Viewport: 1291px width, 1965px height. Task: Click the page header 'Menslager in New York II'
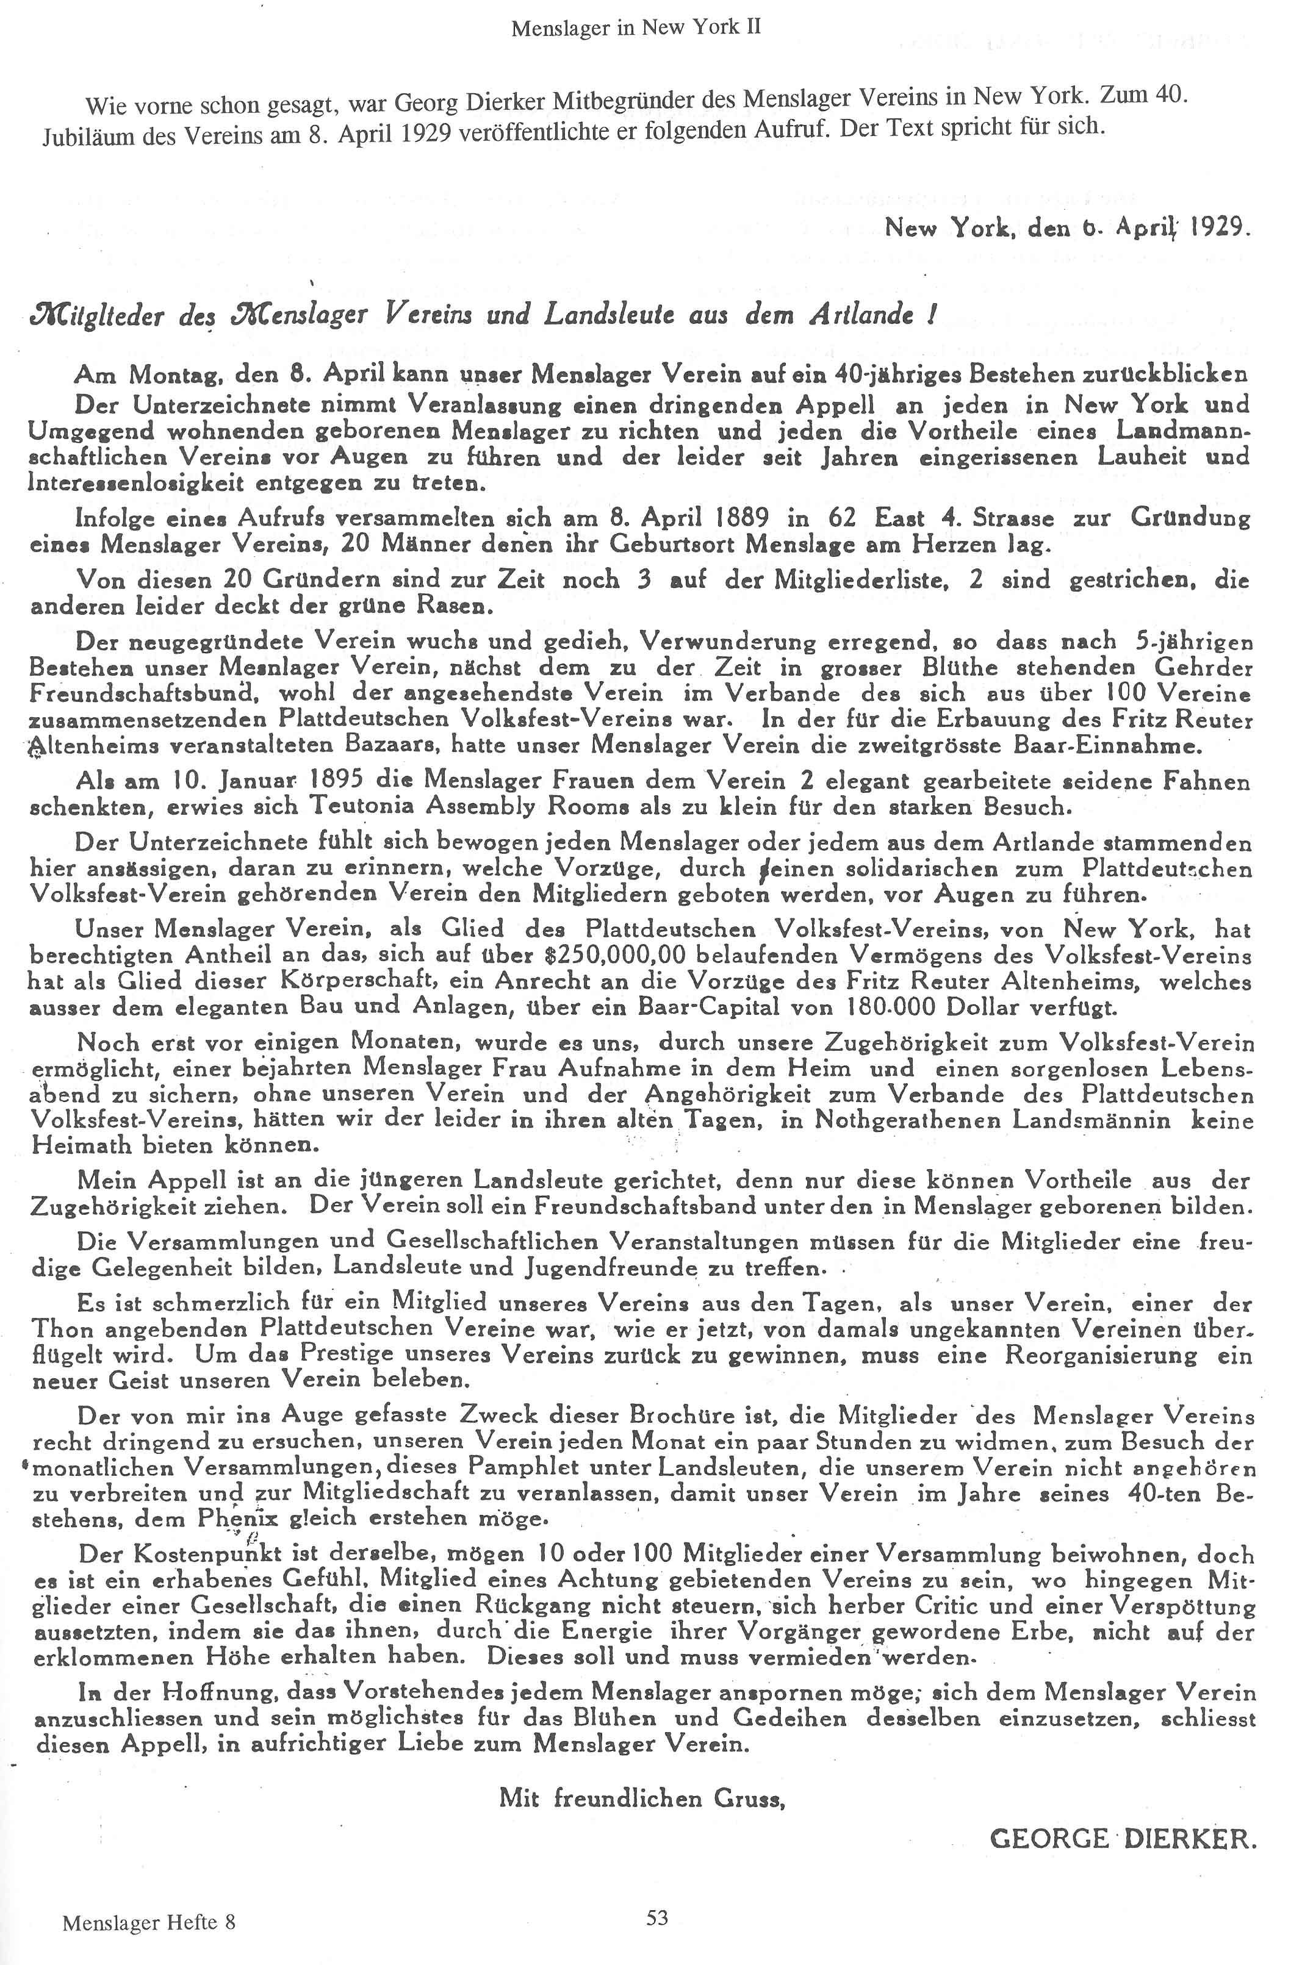pyautogui.click(x=635, y=28)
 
